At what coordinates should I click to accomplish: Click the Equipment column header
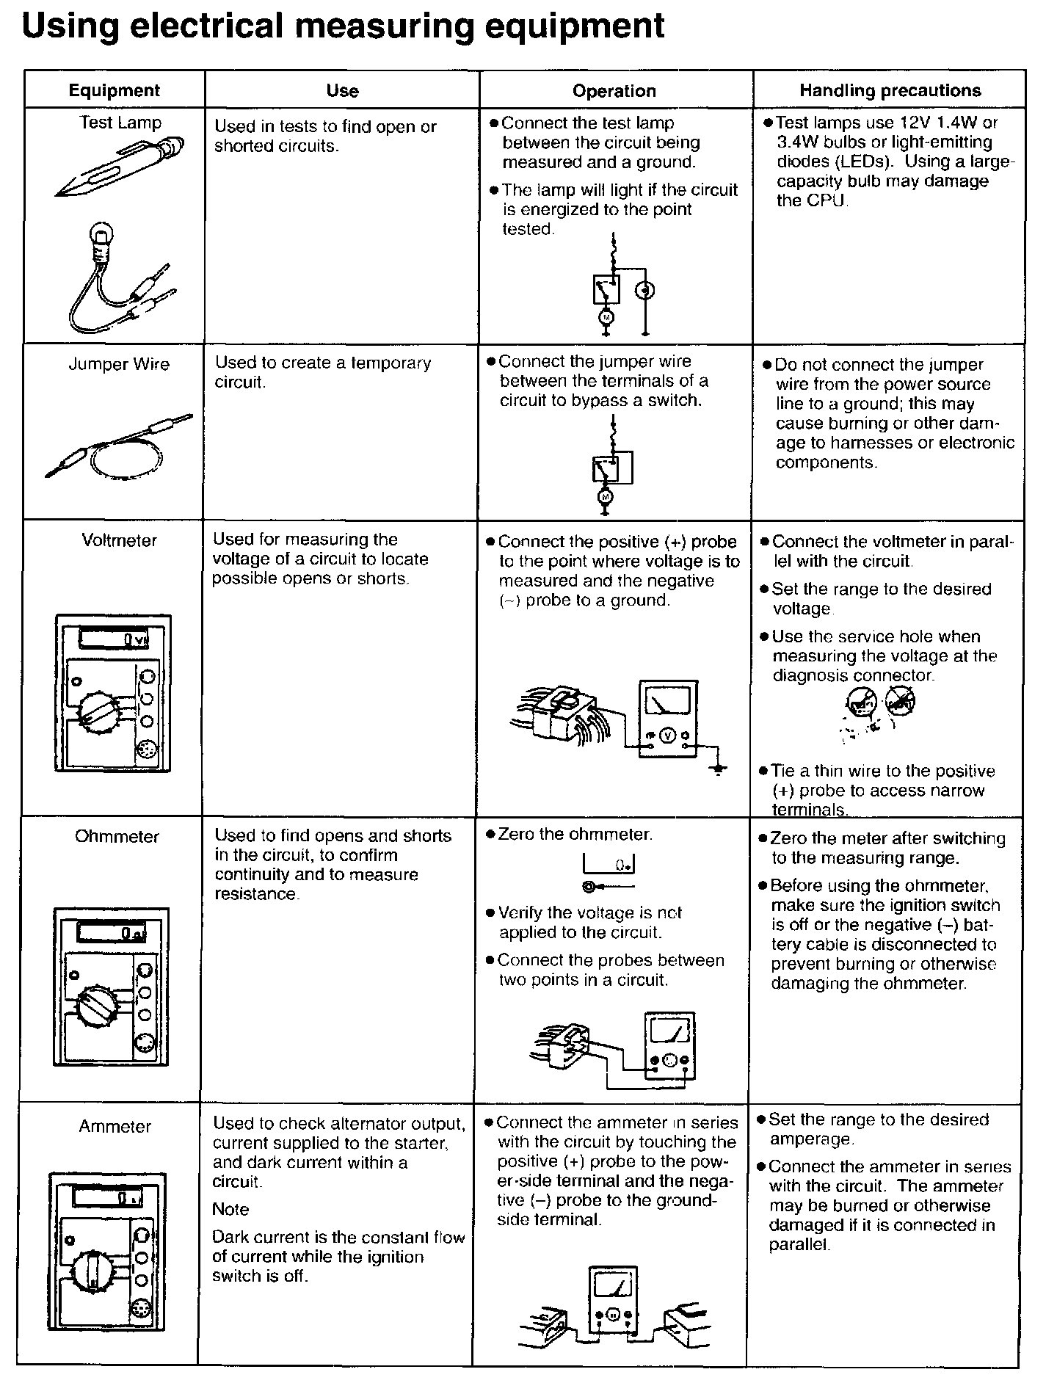pyautogui.click(x=114, y=90)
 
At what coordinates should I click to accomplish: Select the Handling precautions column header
pyautogui.click(x=890, y=90)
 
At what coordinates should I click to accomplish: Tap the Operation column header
pyautogui.click(x=614, y=91)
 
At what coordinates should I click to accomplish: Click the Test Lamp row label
pyautogui.click(x=120, y=123)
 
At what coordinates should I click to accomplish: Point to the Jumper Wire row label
pyautogui.click(x=119, y=364)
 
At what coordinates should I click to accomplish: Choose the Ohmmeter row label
pyautogui.click(x=117, y=836)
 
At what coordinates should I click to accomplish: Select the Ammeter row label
pyautogui.click(x=115, y=1126)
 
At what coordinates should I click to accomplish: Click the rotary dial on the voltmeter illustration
pyautogui.click(x=98, y=710)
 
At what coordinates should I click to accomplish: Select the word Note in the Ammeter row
pyautogui.click(x=230, y=1209)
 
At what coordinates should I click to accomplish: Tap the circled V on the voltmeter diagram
pyautogui.click(x=667, y=735)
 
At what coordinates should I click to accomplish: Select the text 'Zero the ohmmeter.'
pyautogui.click(x=575, y=835)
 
